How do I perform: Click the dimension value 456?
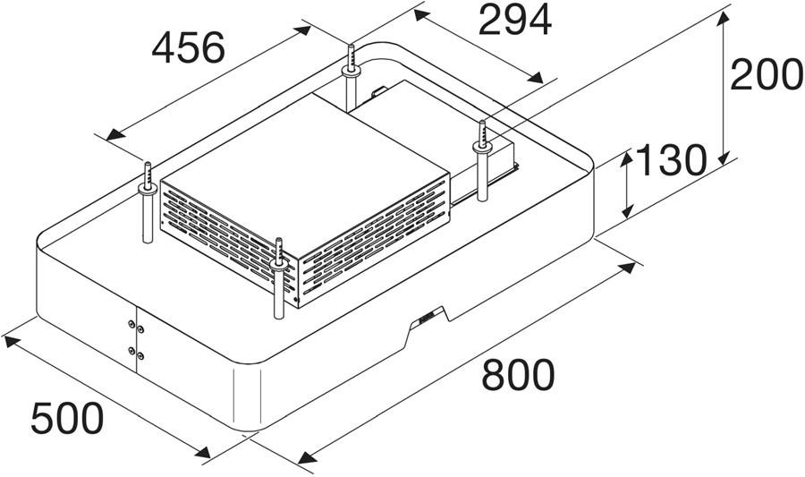point(189,47)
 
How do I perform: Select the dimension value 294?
point(515,20)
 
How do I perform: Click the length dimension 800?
point(518,374)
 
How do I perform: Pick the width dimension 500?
point(67,418)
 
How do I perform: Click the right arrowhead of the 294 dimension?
point(534,78)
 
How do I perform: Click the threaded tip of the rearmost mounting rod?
point(351,56)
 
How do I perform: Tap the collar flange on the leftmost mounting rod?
point(148,190)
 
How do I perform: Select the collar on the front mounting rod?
point(279,266)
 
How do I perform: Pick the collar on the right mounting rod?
point(482,147)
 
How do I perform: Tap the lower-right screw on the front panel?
point(140,356)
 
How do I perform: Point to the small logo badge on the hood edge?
point(428,315)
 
